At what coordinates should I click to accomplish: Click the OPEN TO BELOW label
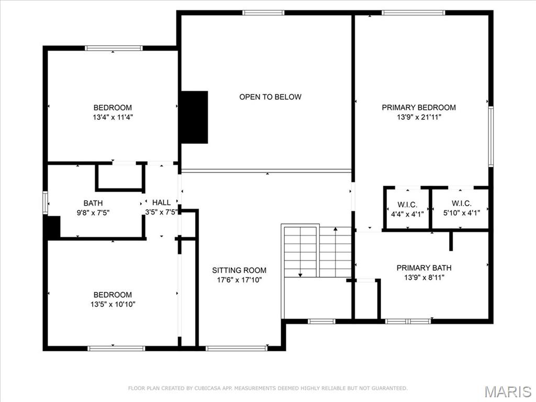[270, 97]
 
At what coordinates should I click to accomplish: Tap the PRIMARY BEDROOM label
[418, 107]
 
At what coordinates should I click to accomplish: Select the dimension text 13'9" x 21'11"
[418, 117]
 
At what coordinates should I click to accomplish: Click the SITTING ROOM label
[239, 270]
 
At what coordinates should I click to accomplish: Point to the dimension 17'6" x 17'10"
[239, 280]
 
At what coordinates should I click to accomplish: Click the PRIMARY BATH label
[423, 268]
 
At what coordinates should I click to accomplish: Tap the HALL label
[161, 203]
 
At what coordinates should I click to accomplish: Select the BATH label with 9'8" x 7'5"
[93, 203]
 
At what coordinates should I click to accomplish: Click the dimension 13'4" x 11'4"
[113, 118]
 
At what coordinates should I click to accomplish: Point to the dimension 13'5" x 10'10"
[113, 304]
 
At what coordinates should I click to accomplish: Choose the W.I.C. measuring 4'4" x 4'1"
[407, 204]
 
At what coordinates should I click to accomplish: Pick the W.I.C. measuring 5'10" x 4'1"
[461, 204]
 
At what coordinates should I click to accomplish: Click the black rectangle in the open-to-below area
[194, 117]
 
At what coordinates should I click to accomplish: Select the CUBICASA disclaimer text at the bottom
[267, 388]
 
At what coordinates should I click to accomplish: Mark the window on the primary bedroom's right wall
[490, 137]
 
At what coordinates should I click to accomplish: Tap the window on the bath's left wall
[46, 203]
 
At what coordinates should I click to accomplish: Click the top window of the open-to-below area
[263, 13]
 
